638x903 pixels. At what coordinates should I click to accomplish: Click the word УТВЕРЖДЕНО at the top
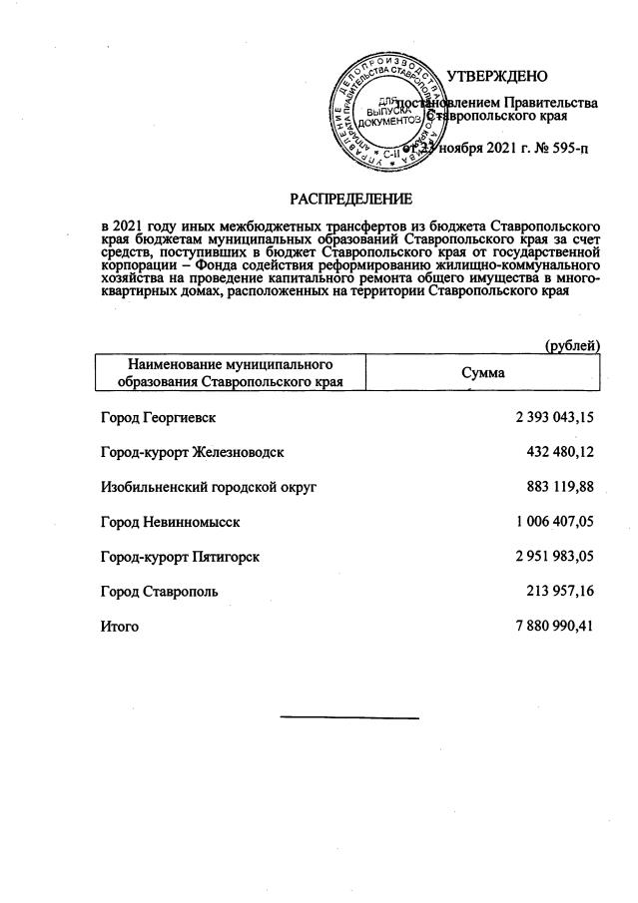coord(496,76)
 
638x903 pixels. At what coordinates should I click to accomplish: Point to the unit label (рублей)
coord(571,345)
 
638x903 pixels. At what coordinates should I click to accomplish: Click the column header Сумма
coord(482,372)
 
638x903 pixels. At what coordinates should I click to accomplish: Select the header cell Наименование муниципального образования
coord(229,372)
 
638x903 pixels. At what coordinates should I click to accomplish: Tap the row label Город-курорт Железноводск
coord(193,451)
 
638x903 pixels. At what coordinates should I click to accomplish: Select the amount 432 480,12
coord(560,451)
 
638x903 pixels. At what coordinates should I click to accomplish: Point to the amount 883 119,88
coord(560,486)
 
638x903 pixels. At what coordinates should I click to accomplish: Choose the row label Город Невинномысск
coord(171,521)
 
